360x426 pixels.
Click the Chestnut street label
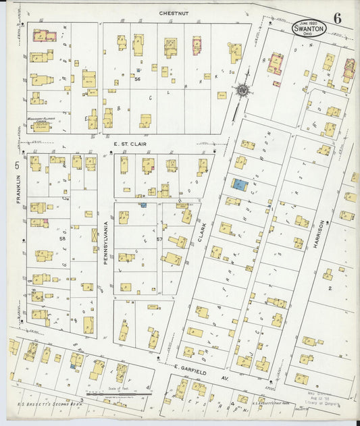point(173,13)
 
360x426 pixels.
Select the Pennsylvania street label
point(106,241)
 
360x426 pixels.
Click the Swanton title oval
point(310,28)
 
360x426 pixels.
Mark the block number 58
point(62,238)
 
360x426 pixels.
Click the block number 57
point(159,239)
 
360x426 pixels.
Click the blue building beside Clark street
point(240,184)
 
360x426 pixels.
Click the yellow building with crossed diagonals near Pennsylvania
point(94,236)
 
